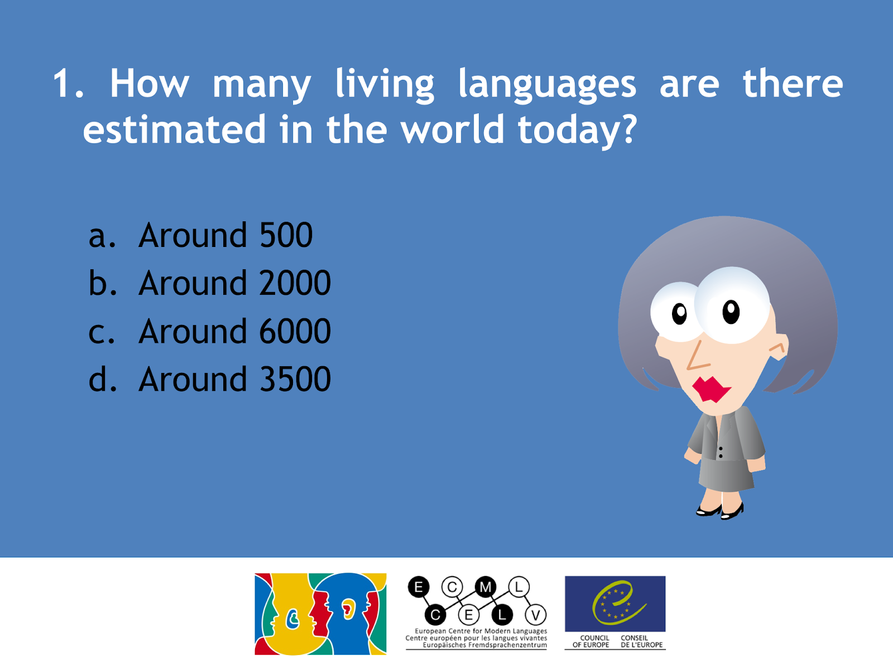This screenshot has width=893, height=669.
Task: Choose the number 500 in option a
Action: point(286,235)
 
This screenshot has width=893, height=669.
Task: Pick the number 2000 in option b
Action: point(295,283)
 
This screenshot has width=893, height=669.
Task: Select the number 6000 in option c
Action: point(295,332)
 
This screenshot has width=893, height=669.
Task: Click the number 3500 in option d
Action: point(295,380)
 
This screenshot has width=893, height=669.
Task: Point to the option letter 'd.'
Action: point(103,379)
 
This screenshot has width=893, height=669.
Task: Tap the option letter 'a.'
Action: point(103,237)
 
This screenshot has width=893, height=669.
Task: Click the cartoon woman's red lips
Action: point(711,390)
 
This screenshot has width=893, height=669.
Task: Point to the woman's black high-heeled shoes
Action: point(720,511)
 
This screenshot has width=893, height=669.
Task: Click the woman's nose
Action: point(697,356)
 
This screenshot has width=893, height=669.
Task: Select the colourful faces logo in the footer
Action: point(320,614)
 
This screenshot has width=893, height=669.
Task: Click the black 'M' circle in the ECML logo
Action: point(486,587)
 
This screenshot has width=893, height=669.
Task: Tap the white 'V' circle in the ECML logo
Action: point(535,615)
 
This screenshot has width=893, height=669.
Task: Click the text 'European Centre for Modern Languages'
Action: point(481,631)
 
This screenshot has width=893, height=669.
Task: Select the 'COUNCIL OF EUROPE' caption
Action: point(590,641)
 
